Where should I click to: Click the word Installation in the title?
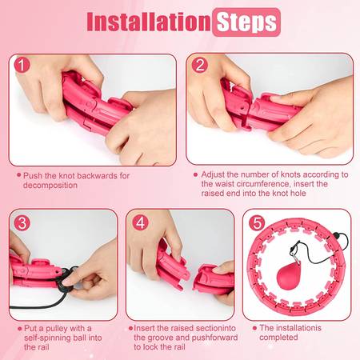[149, 22]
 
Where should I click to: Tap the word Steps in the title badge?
[246, 22]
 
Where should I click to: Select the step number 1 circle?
[22, 65]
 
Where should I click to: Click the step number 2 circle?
[199, 65]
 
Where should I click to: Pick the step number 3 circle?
[22, 223]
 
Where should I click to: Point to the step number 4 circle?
[140, 222]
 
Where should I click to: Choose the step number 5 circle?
[257, 223]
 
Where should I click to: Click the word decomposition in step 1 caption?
[50, 186]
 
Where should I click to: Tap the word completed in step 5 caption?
[278, 338]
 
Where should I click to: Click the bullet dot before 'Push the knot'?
[18, 175]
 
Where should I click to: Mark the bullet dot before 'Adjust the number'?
[195, 175]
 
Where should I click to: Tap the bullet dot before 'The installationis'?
[254, 328]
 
